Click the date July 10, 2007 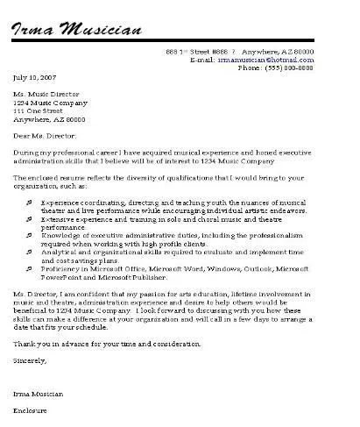(x=32, y=79)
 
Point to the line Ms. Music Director (x=46, y=95)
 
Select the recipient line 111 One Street (x=40, y=111)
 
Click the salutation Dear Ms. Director (x=46, y=137)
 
